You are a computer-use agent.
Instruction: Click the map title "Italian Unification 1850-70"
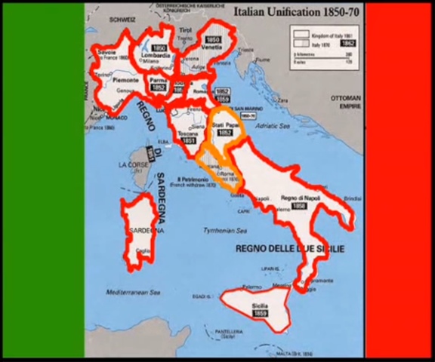pos(297,12)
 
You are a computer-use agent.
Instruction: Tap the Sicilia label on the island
pos(261,305)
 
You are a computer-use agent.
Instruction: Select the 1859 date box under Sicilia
pos(261,313)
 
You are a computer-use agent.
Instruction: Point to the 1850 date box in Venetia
pos(214,39)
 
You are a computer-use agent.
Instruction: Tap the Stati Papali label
pos(224,124)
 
